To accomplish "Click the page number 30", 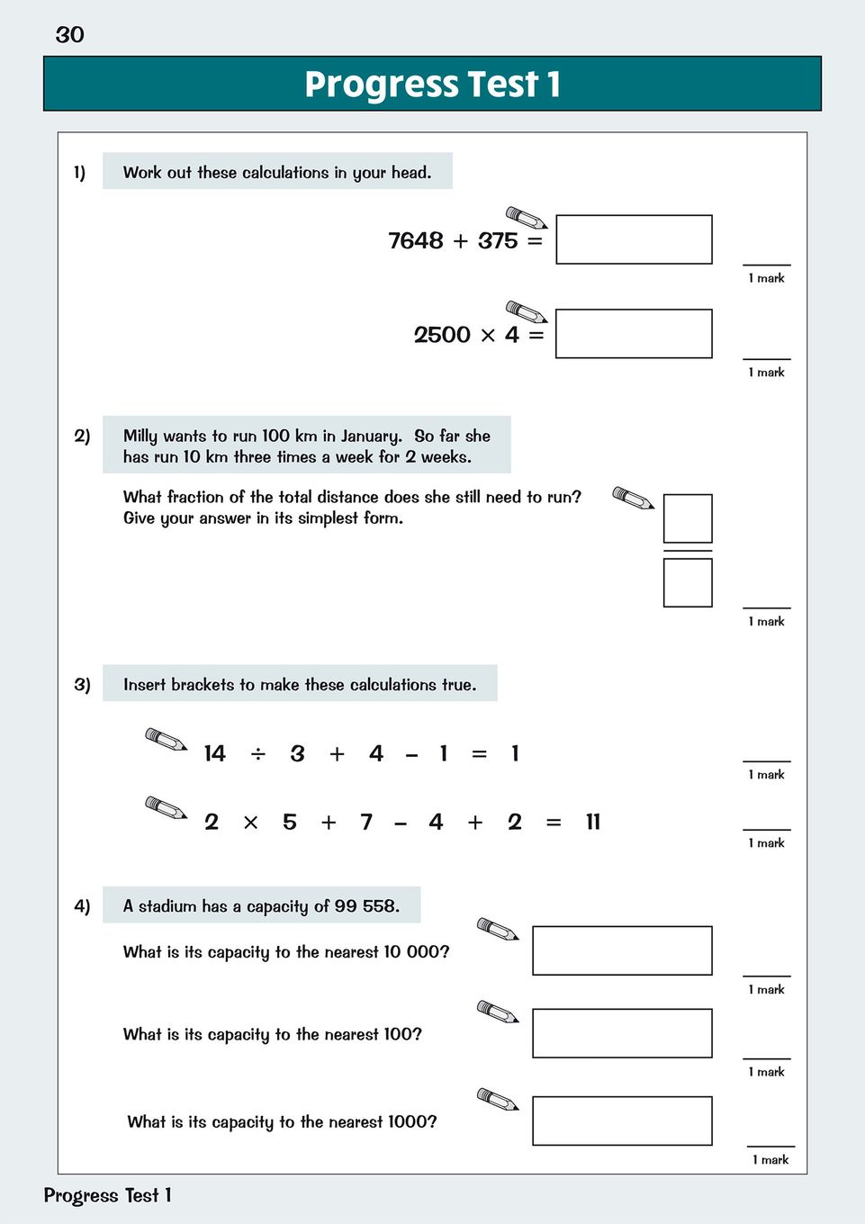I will point(69,35).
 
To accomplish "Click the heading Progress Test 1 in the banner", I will point(432,85).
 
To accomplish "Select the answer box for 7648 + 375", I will point(634,239).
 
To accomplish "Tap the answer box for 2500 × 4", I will point(634,334).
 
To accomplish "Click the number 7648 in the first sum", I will point(416,241).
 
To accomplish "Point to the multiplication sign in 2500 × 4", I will point(488,336).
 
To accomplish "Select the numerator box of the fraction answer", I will point(688,518).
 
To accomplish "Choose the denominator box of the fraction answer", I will point(688,582).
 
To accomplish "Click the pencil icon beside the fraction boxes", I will point(633,498).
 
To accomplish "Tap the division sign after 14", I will point(258,754).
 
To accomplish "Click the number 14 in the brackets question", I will point(214,754).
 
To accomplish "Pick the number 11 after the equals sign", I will point(592,822).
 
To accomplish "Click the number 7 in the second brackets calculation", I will point(366,822).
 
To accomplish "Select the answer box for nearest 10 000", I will point(622,950).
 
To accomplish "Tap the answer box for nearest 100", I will point(622,1033).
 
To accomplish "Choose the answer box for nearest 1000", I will point(622,1120).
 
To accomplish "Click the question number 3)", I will point(82,685).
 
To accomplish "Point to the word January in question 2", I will point(371,436).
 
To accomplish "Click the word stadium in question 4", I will point(168,906).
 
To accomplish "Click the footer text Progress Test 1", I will point(107,1195).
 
